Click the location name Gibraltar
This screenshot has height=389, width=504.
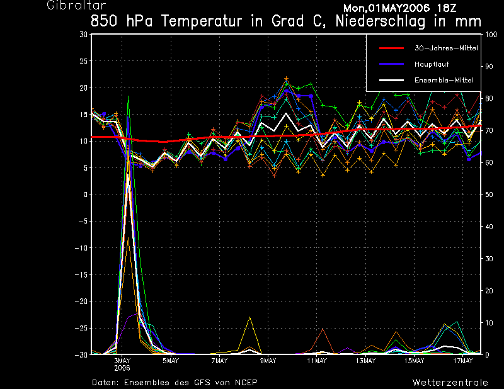pyautogui.click(x=69, y=6)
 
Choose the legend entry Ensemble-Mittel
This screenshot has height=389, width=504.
pyautogui.click(x=444, y=80)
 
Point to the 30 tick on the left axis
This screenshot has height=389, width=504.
pyautogui.click(x=84, y=35)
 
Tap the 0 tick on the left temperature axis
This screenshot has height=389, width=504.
pyautogui.click(x=86, y=194)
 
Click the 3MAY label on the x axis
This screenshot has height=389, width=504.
pyautogui.click(x=122, y=361)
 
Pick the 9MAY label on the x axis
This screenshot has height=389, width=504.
pyautogui.click(x=268, y=361)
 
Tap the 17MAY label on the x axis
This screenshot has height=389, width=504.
pyautogui.click(x=463, y=361)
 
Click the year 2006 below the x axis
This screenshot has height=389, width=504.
pyautogui.click(x=122, y=368)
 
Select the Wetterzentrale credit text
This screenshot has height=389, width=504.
pyautogui.click(x=450, y=382)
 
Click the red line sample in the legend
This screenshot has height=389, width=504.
pyautogui.click(x=391, y=48)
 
